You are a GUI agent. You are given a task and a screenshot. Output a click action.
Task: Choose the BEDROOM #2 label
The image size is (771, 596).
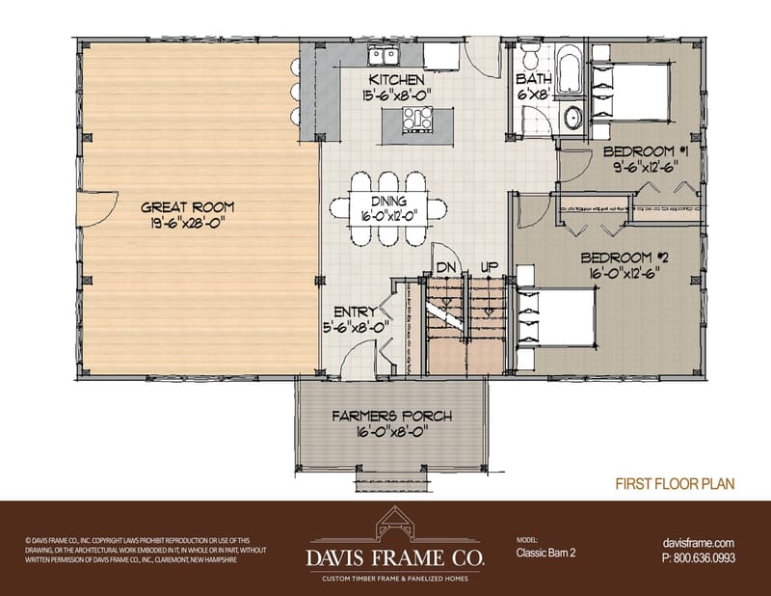click(x=625, y=258)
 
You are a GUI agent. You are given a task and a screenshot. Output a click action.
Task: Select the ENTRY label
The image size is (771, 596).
click(x=355, y=312)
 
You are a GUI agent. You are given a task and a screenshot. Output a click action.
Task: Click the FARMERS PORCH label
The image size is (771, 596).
click(x=392, y=417)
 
